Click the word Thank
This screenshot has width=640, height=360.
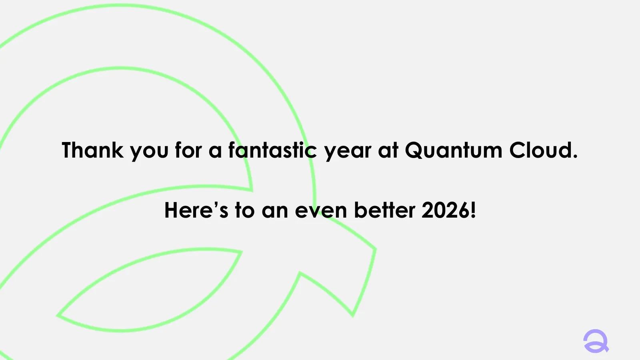pos(92,150)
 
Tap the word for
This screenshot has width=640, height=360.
pos(188,150)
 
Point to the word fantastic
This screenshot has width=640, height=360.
pos(272,150)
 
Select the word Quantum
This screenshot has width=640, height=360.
pos(453,150)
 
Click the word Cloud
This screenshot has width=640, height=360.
pos(540,150)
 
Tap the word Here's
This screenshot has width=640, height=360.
pos(196,210)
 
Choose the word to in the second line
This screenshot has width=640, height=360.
pos(244,210)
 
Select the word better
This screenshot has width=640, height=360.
pos(385,210)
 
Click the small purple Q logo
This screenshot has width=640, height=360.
pos(596,341)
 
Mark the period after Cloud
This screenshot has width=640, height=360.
pos(575,157)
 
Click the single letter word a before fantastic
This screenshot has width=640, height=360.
pos(215,152)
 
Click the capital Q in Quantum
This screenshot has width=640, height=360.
pos(415,150)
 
